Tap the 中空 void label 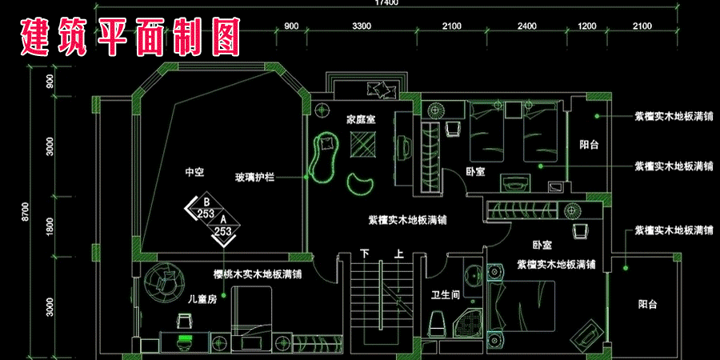coord(194,171)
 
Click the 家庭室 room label coord(362,119)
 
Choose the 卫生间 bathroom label coord(445,294)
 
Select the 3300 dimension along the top coord(362,26)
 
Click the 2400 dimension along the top coord(526,26)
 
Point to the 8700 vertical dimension coord(26,211)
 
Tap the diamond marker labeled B coord(205,210)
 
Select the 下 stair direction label coord(365,254)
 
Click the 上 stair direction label coord(399,254)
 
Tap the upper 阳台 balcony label coord(590,145)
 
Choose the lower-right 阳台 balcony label coord(648,304)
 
